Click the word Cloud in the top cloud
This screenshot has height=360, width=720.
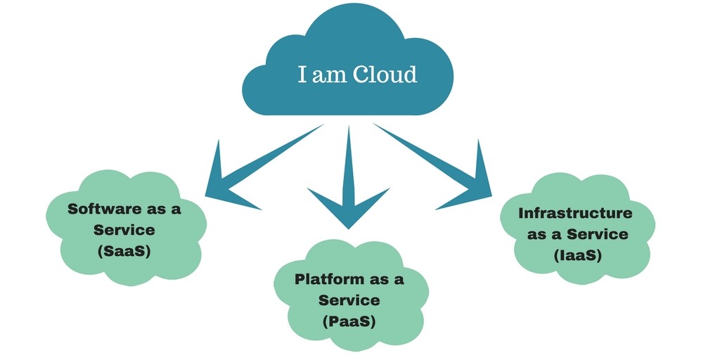385,74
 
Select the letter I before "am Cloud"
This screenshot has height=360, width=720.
302,74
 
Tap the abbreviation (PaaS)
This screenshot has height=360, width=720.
349,321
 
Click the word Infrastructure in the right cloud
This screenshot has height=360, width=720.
575,213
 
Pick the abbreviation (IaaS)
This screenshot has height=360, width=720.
576,255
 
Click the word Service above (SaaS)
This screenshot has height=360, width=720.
124,230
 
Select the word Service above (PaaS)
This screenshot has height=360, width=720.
349,300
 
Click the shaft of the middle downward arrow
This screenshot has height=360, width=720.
348,155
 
